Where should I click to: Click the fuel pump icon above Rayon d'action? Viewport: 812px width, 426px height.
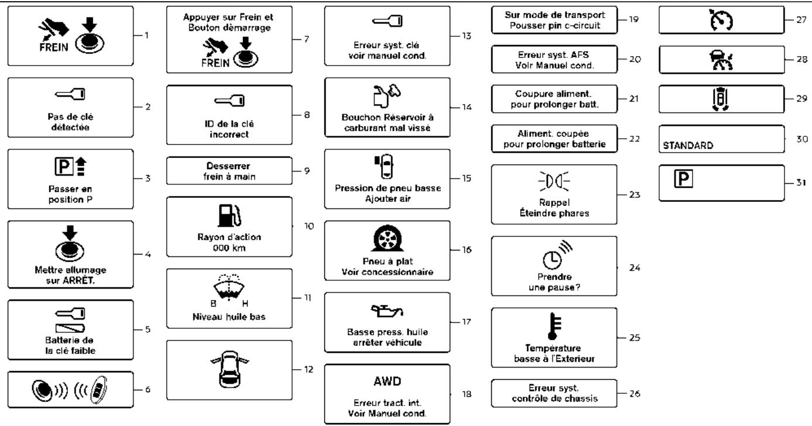[229, 215]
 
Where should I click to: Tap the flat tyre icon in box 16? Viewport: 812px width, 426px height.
[387, 238]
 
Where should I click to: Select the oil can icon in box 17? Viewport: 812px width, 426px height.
[387, 311]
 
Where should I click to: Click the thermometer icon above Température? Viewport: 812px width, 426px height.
[554, 326]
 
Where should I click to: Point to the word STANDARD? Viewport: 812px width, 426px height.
[688, 146]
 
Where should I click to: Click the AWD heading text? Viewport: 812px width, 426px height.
[387, 382]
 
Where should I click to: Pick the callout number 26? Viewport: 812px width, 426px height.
[635, 393]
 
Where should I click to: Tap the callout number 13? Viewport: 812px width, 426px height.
[467, 36]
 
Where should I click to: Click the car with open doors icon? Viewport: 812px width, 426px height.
[229, 369]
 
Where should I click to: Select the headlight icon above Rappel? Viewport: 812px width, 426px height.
[554, 181]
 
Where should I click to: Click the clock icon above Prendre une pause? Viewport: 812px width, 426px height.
[557, 255]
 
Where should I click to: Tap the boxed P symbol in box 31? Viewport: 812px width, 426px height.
[683, 178]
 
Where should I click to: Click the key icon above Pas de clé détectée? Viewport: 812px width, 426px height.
[70, 94]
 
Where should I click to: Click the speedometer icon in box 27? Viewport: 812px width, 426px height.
[721, 20]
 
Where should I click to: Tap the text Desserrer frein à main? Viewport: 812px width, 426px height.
[229, 171]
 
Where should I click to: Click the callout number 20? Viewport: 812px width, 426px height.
[635, 59]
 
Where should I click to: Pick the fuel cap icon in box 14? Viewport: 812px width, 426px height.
[386, 96]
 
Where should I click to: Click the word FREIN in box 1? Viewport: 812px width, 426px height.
[54, 47]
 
